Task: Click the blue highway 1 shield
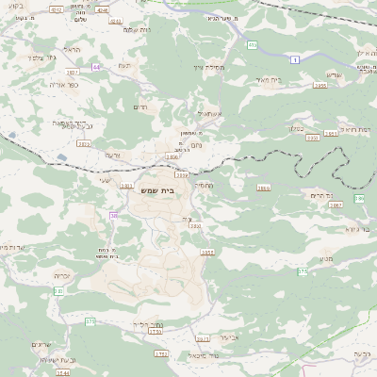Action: [295, 59]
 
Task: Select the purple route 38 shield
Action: [113, 216]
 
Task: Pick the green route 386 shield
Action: [358, 199]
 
